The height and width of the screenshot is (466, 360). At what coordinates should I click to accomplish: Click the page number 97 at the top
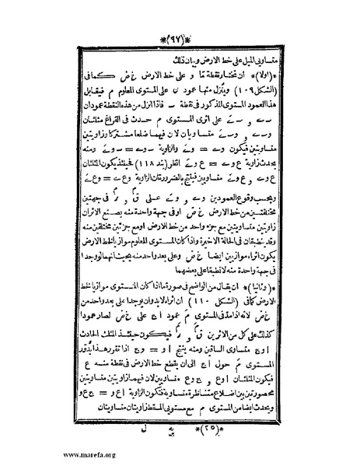[180, 37]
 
